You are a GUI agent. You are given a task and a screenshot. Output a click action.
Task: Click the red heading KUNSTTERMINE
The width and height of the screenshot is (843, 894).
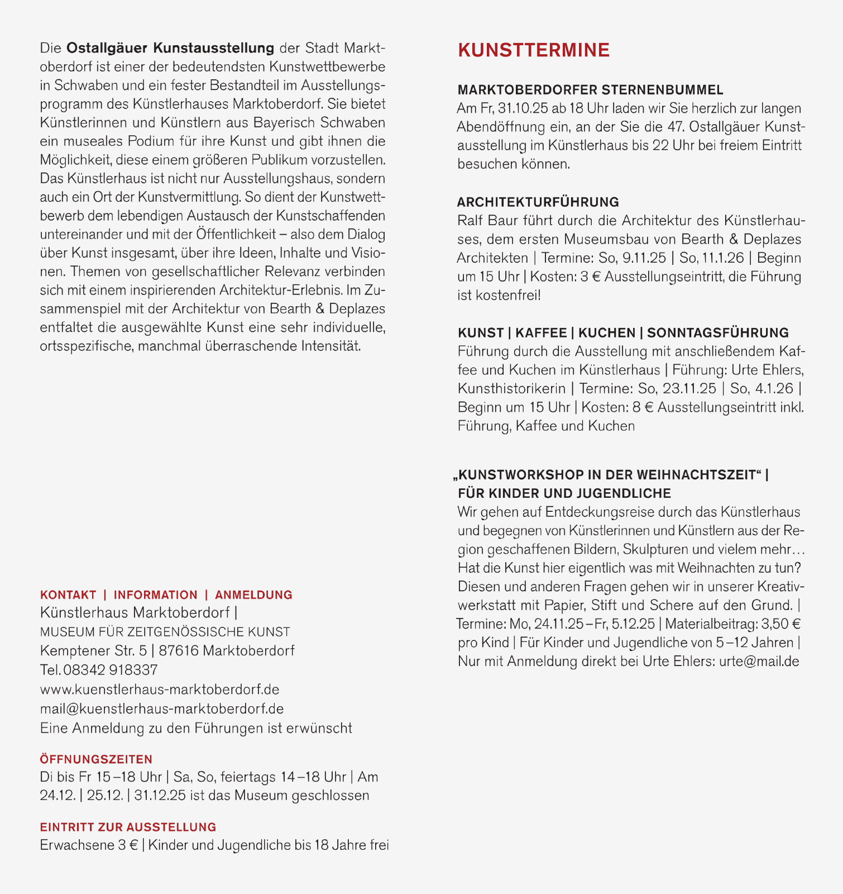533,50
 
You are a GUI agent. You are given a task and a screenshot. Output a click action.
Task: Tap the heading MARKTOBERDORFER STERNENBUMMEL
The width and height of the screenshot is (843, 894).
590,90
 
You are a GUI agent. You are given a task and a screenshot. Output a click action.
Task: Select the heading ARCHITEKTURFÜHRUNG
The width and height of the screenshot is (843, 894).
538,202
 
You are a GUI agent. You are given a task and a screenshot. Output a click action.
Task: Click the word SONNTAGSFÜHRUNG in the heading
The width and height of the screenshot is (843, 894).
717,333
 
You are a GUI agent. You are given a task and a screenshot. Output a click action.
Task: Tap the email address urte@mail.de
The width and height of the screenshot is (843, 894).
759,662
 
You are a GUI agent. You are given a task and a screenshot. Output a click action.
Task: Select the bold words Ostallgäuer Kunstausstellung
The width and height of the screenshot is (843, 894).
170,48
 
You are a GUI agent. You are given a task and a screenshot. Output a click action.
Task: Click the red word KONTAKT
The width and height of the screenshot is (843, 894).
68,595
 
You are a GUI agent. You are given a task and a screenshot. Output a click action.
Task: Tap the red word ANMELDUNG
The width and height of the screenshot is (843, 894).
253,595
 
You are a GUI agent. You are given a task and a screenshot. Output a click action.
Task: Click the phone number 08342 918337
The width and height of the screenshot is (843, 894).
111,670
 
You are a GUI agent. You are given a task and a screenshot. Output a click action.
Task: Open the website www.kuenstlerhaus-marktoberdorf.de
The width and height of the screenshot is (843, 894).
160,689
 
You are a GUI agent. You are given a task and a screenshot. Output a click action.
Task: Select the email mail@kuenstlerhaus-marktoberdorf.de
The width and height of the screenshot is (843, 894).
162,709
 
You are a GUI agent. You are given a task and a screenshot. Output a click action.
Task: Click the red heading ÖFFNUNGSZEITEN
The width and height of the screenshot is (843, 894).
96,759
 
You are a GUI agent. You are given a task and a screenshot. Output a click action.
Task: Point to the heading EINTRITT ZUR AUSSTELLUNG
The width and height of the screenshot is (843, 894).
128,827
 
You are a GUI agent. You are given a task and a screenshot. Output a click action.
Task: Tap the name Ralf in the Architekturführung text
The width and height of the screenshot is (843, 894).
469,221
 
